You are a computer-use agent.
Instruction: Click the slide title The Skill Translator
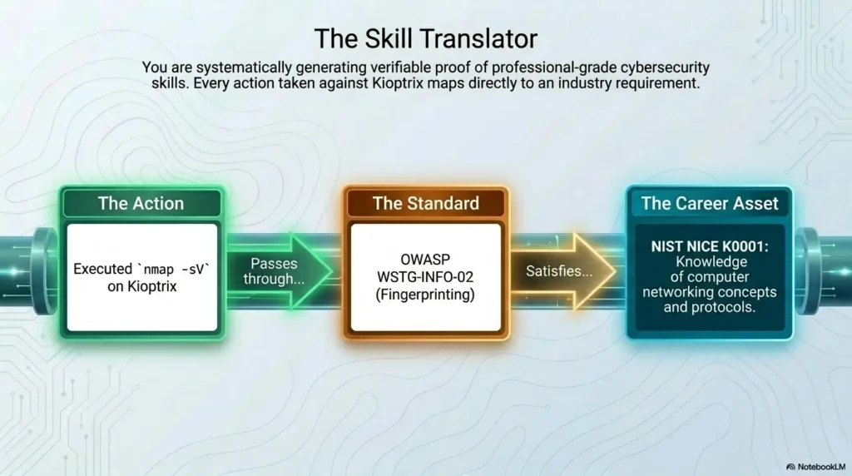(425, 38)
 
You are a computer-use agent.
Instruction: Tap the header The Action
(141, 203)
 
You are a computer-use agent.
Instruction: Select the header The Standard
(426, 203)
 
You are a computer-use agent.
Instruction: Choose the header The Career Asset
(710, 203)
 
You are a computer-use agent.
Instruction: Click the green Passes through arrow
(280, 271)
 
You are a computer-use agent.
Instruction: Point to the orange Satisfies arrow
(563, 271)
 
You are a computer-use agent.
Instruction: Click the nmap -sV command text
(176, 269)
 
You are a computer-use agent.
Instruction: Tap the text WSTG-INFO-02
(425, 277)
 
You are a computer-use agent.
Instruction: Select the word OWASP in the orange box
(425, 260)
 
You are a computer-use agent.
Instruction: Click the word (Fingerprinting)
(425, 295)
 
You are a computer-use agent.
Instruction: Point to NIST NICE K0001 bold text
(710, 246)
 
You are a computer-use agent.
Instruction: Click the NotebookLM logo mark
(790, 467)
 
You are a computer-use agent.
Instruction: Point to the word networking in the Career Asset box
(676, 292)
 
